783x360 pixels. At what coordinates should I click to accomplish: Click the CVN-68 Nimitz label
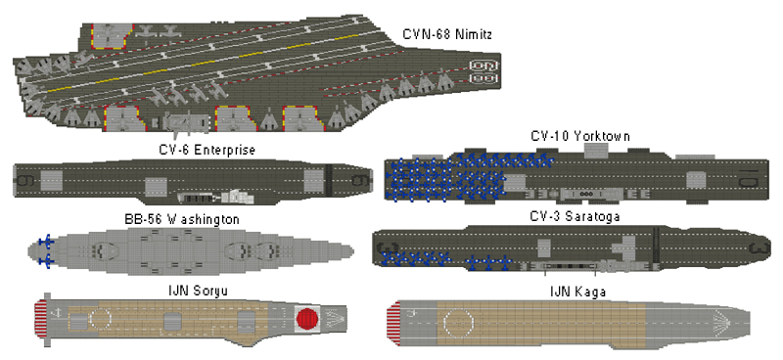click(x=447, y=34)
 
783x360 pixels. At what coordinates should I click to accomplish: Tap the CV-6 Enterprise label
click(x=207, y=150)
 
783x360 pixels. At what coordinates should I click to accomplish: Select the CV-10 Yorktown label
click(x=579, y=136)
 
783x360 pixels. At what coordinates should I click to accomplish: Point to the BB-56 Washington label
click(x=182, y=219)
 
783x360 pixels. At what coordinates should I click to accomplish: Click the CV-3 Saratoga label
click(x=575, y=217)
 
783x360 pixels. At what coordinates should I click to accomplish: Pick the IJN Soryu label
click(x=198, y=291)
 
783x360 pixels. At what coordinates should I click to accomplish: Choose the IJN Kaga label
click(x=577, y=292)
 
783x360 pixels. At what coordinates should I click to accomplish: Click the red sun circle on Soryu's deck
click(x=307, y=318)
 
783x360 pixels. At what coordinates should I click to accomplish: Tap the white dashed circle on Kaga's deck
click(x=459, y=322)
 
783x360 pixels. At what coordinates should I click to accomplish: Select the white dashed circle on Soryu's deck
click(x=101, y=317)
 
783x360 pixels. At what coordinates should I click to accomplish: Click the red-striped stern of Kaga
click(x=394, y=324)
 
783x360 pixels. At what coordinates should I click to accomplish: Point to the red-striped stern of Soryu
click(x=40, y=318)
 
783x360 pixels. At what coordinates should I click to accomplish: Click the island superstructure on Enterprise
click(x=215, y=198)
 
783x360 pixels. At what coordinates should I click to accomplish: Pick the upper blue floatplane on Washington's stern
click(x=46, y=242)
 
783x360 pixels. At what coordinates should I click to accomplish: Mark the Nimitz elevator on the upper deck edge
click(x=112, y=36)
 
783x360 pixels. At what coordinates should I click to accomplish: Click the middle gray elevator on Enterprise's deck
click(x=156, y=187)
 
